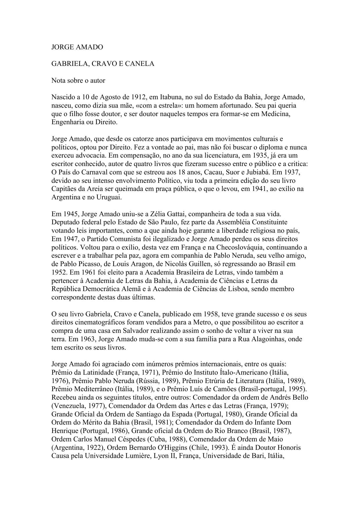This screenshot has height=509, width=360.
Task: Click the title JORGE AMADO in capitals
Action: [77, 47]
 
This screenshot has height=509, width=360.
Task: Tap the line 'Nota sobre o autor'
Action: [78, 80]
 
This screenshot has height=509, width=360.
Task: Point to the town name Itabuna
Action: [171, 97]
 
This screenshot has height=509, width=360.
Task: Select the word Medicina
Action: [276, 114]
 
